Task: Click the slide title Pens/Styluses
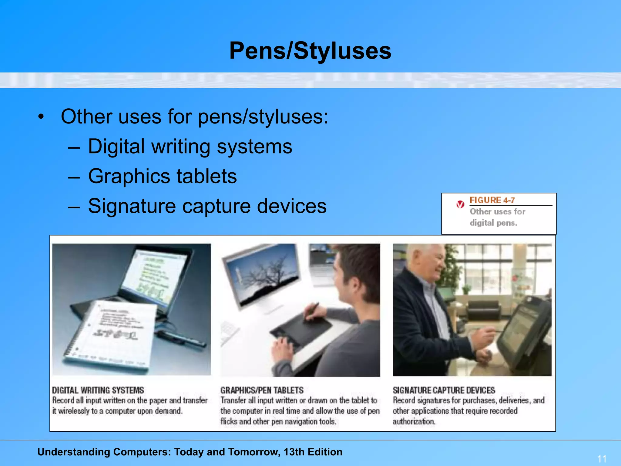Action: [x=310, y=51]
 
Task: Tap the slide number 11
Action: [x=602, y=458]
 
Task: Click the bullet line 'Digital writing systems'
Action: [x=190, y=147]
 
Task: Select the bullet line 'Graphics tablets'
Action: [x=162, y=176]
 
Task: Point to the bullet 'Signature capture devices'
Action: [x=207, y=206]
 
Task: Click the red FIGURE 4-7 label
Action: [x=492, y=200]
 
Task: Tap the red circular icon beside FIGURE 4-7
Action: [x=460, y=204]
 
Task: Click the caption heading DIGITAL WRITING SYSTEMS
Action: [x=98, y=390]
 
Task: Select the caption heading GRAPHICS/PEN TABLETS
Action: [x=262, y=390]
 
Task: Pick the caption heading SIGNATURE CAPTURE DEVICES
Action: [x=444, y=390]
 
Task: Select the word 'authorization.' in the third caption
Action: [x=414, y=421]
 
